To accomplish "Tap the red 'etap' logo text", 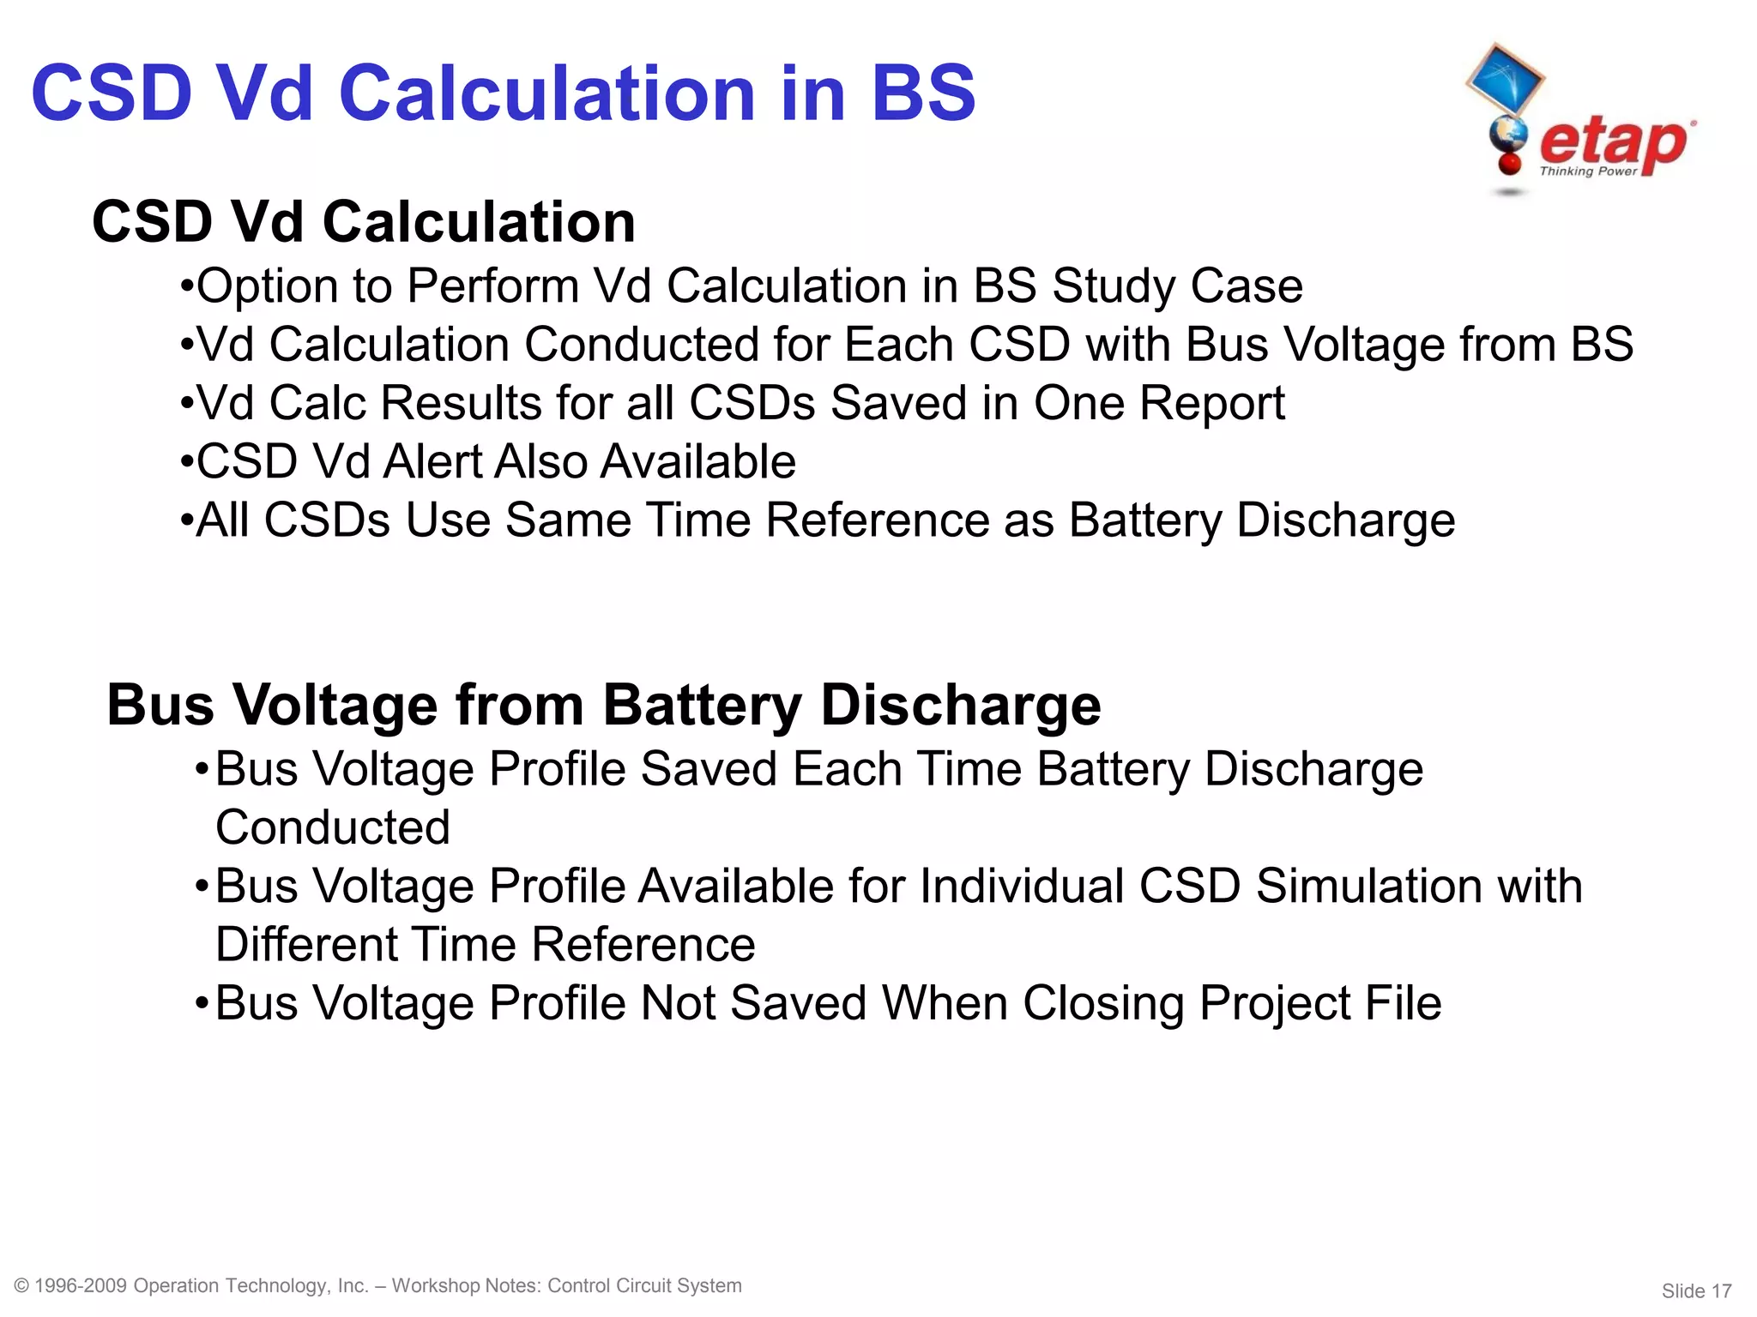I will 1613,142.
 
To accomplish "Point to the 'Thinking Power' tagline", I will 1588,171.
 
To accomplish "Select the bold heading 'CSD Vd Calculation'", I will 364,222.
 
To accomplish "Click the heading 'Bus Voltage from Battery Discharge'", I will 603,705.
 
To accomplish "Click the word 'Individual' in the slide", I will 1021,886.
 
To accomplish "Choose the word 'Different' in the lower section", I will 306,944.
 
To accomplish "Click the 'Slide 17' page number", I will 1696,1290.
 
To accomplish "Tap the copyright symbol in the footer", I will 22,1285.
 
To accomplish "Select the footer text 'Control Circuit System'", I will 644,1285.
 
